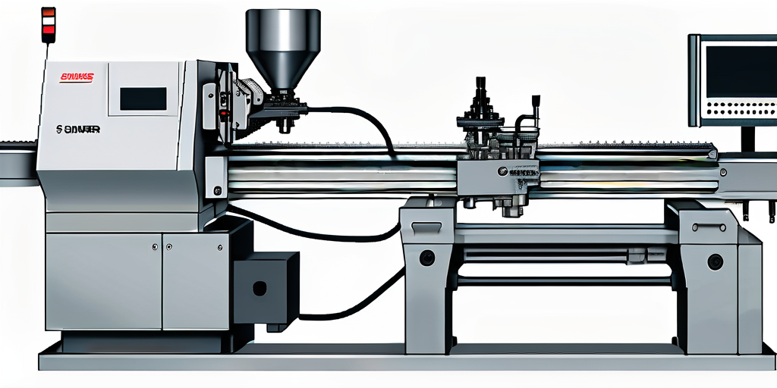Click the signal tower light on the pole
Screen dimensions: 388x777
tap(49, 21)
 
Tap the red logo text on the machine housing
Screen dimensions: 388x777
tap(76, 77)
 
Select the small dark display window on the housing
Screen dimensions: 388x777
tap(143, 99)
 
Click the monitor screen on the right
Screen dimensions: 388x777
tap(741, 71)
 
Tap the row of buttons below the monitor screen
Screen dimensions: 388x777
tap(740, 111)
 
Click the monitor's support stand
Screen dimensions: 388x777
tap(748, 139)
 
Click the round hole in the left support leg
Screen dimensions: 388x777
tap(427, 258)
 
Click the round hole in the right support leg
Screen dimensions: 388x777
tap(714, 262)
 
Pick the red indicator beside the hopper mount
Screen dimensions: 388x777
tap(223, 114)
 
